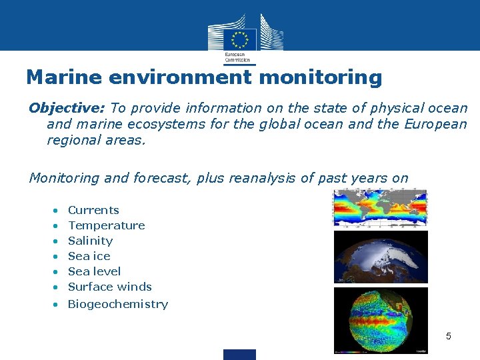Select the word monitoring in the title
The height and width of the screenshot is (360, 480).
(320, 77)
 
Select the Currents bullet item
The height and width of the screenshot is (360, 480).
(93, 210)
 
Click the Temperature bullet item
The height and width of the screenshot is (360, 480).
(106, 225)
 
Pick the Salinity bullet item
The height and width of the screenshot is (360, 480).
(90, 241)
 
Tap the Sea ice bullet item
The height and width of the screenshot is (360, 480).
(89, 256)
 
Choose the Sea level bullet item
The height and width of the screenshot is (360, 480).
(94, 271)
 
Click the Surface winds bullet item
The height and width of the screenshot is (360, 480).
(109, 287)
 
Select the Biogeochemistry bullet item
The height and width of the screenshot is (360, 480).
(117, 304)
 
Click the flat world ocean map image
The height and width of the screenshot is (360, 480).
(380, 208)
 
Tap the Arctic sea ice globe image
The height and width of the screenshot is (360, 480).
(381, 257)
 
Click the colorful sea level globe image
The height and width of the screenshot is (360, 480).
(381, 319)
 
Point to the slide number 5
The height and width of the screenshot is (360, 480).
(448, 336)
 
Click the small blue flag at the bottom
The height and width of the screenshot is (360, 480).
(239, 354)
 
